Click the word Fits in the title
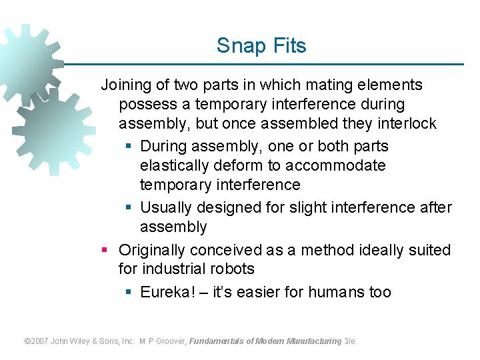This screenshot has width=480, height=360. (x=289, y=46)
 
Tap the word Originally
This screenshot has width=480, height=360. (x=152, y=250)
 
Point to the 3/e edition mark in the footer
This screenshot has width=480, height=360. (x=349, y=341)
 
